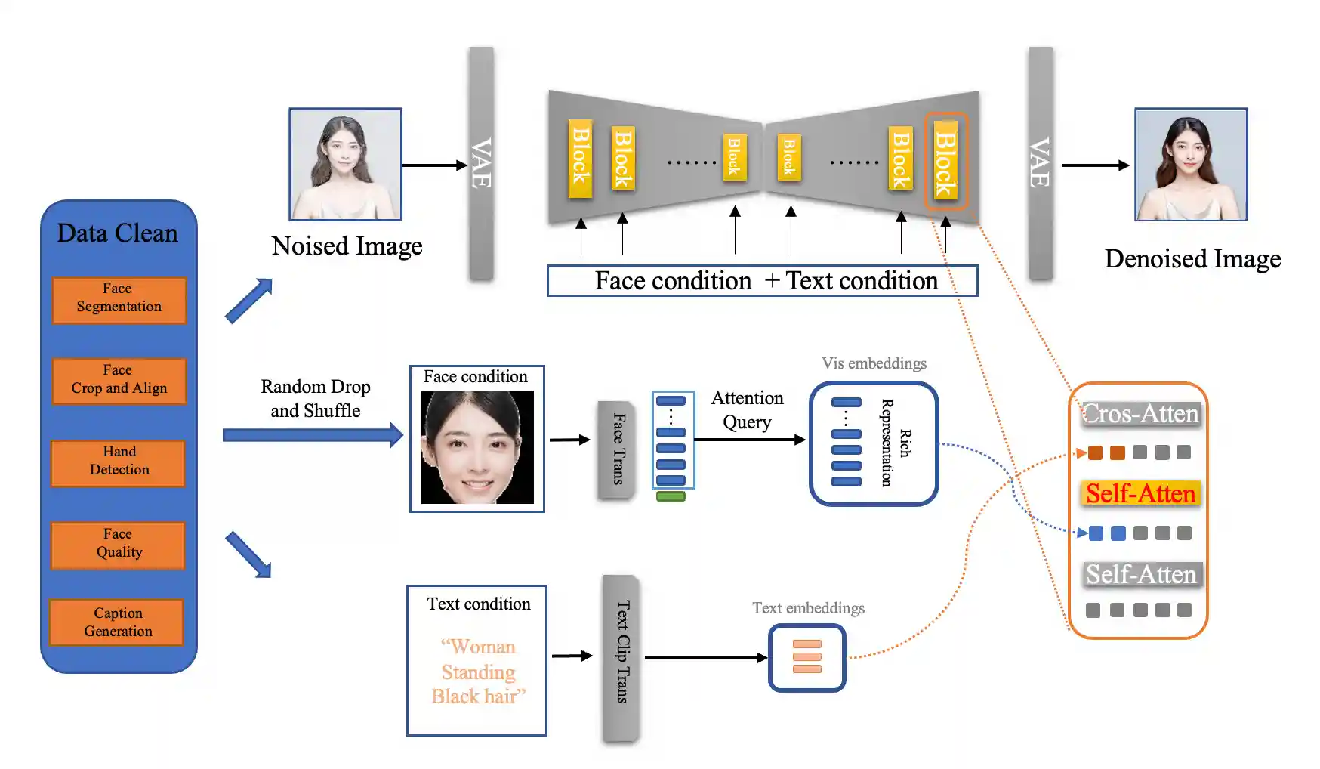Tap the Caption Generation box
click(x=117, y=622)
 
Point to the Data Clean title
click(x=117, y=233)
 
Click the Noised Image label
click(x=347, y=246)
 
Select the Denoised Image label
click(x=1192, y=259)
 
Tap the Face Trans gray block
click(x=617, y=449)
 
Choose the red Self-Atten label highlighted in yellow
click(x=1140, y=494)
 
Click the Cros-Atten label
click(x=1140, y=414)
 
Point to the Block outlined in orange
click(x=945, y=162)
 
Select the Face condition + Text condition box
click(x=762, y=281)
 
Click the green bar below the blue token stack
click(x=671, y=496)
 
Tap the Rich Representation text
click(x=896, y=443)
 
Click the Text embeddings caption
click(x=808, y=608)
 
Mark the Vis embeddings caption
click(x=874, y=363)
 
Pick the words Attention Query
click(x=747, y=410)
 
